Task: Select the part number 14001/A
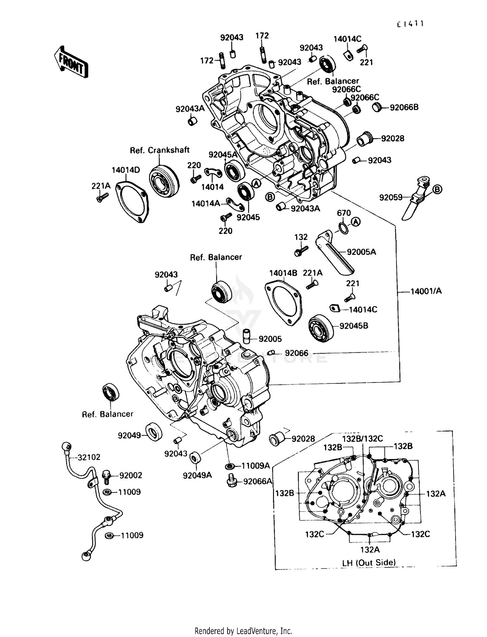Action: click(x=426, y=291)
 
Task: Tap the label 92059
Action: click(x=391, y=197)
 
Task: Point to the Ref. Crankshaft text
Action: click(x=159, y=150)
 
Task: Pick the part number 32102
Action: click(x=89, y=457)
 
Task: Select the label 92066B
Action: click(x=404, y=107)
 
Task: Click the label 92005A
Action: click(x=361, y=252)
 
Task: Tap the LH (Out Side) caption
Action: click(x=369, y=563)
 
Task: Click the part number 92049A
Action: click(x=197, y=475)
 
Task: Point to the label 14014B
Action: click(x=283, y=273)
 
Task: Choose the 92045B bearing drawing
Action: click(x=321, y=328)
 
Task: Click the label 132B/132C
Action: click(x=362, y=439)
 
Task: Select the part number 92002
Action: click(x=131, y=475)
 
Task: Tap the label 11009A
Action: click(x=256, y=466)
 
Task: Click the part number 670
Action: click(x=344, y=213)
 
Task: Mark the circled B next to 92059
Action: click(x=437, y=189)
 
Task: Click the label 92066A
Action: click(x=257, y=481)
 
